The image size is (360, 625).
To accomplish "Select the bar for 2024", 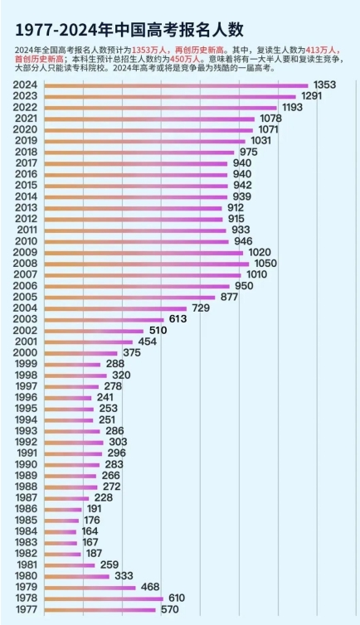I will click(x=174, y=85).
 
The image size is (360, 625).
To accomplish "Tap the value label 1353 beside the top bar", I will click(x=325, y=85).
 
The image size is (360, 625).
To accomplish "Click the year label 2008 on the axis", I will click(x=26, y=263).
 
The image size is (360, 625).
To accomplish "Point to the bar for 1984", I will click(x=59, y=531).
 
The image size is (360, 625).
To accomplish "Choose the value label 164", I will click(x=90, y=531).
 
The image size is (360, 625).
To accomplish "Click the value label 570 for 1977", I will click(x=170, y=610).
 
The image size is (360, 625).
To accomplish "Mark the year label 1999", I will click(x=26, y=364).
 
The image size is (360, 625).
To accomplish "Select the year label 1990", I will click(x=26, y=464).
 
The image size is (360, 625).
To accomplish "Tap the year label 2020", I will click(x=26, y=129).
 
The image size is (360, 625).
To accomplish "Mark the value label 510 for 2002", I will click(x=158, y=330).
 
